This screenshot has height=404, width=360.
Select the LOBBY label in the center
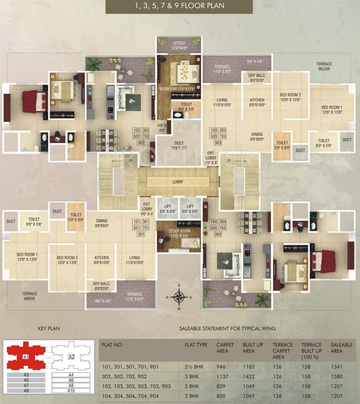pyautogui.click(x=178, y=181)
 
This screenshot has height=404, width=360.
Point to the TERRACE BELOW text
pyautogui.click(x=324, y=66)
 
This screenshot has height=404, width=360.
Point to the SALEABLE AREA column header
pyautogui.click(x=340, y=348)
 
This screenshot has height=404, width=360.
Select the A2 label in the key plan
pyautogui.click(x=71, y=357)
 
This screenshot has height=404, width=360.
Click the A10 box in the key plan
pyautogui.click(x=71, y=391)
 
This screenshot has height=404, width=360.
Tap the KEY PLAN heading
pyautogui.click(x=49, y=329)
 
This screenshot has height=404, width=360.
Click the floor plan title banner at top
pyautogui.click(x=179, y=6)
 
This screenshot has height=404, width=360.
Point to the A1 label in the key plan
pyautogui.click(x=25, y=357)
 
